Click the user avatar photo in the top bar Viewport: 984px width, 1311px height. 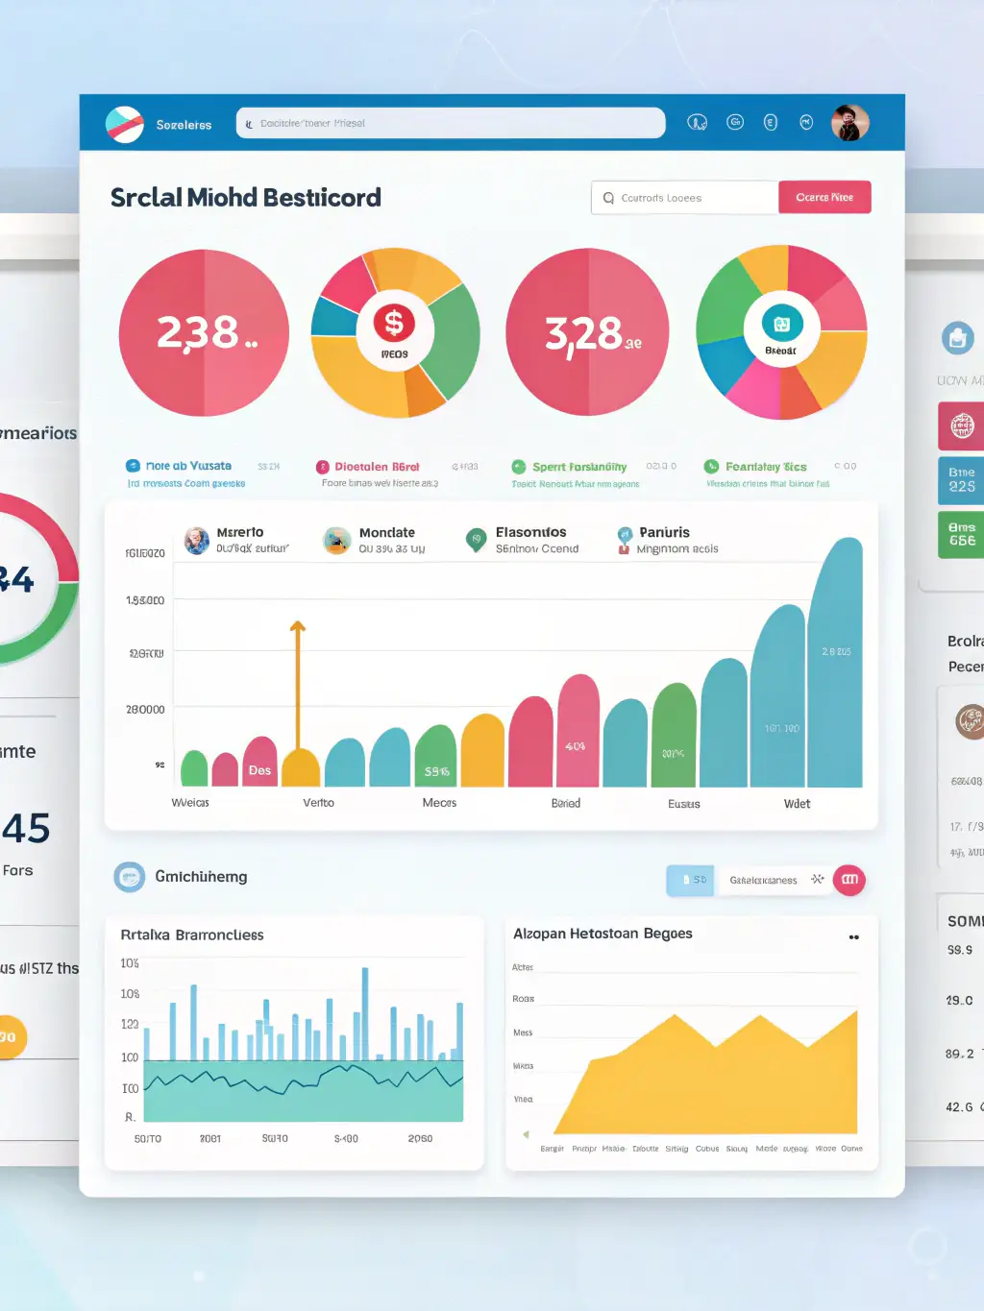tap(849, 123)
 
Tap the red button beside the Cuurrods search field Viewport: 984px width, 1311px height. tap(824, 198)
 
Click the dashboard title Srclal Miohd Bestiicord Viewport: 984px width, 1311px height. tap(246, 198)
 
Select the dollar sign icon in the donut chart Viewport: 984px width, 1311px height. tap(394, 324)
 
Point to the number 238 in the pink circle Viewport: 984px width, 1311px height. tap(198, 333)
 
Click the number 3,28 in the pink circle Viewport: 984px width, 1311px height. tap(584, 334)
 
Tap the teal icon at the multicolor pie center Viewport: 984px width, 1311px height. tap(781, 325)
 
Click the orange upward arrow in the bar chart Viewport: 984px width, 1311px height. tap(298, 630)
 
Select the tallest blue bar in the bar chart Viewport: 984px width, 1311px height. tap(835, 663)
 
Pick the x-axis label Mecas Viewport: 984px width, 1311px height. tap(439, 803)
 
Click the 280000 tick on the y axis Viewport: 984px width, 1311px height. tap(145, 710)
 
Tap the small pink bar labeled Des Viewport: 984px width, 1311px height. tap(259, 763)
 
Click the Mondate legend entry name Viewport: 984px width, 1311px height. tap(386, 533)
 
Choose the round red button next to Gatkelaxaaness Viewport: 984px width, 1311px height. tap(849, 880)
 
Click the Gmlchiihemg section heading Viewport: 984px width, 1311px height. tap(201, 877)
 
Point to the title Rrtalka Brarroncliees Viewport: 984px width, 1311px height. tap(192, 935)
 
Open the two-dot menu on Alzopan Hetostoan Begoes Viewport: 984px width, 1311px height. tap(853, 937)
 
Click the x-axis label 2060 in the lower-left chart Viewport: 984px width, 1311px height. tap(420, 1139)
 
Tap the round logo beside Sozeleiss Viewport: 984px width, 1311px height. tap(125, 124)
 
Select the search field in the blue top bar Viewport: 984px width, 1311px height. tap(451, 123)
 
